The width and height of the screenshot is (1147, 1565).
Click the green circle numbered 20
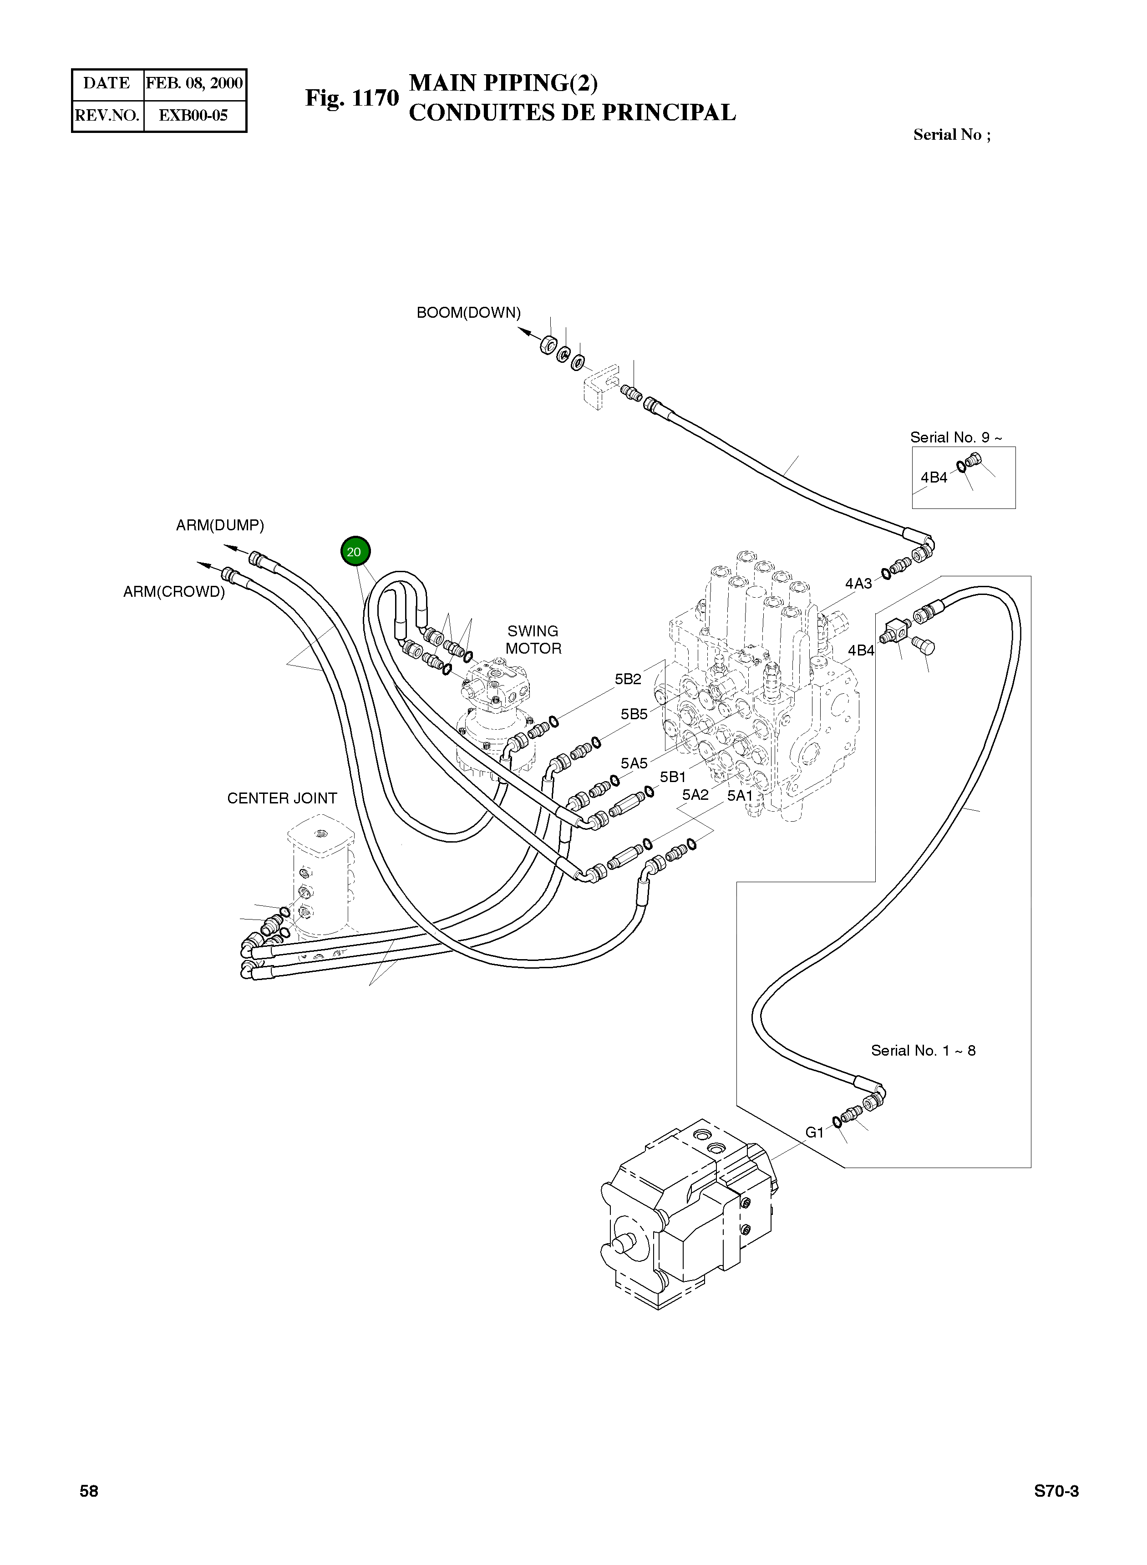point(355,552)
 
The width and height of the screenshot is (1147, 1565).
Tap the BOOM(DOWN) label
point(468,312)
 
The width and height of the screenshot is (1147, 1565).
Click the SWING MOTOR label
point(533,640)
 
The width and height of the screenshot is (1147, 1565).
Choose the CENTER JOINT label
point(281,798)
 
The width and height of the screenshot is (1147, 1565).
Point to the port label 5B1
point(672,777)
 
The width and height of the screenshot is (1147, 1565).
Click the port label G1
point(814,1133)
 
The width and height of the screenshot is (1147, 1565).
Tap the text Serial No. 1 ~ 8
point(923,1051)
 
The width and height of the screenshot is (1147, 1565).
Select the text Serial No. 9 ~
point(955,437)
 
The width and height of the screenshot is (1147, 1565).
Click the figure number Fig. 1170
point(351,98)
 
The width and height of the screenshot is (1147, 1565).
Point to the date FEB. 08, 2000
point(194,83)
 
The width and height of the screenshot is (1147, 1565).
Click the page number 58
point(89,1491)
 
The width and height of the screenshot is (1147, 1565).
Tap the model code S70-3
point(1056,1491)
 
